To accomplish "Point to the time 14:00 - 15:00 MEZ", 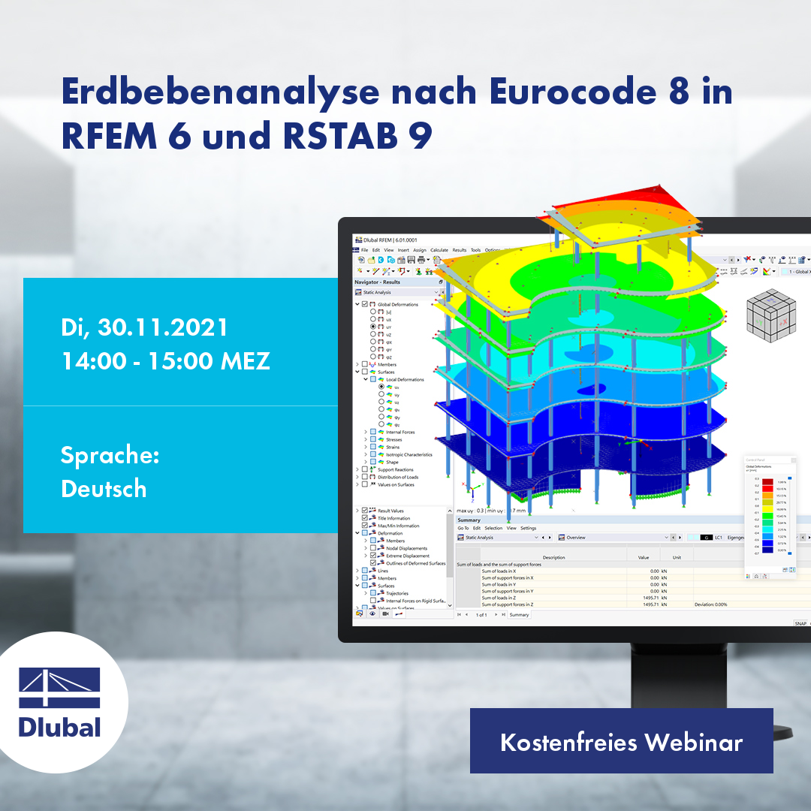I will (x=165, y=361).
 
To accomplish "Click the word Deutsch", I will (x=104, y=489).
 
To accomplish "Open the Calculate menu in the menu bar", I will (x=439, y=250).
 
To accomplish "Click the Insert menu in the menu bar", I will (x=403, y=250).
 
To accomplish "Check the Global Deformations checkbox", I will (x=365, y=304).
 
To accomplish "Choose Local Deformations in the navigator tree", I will (x=405, y=379).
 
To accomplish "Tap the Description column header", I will (x=553, y=557).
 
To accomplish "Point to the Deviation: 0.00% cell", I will (x=710, y=604).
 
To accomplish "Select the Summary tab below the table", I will (x=519, y=615).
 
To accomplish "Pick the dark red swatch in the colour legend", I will (x=767, y=482).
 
